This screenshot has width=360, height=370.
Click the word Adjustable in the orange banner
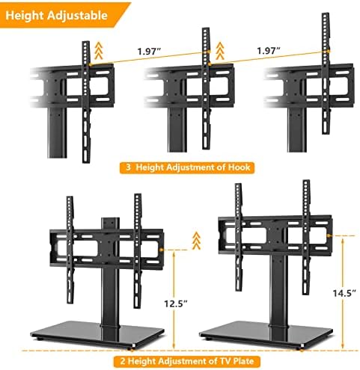point(77,16)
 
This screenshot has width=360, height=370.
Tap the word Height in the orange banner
point(25,16)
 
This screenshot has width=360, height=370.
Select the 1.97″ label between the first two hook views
point(149,52)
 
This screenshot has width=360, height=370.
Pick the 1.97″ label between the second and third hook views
point(269,51)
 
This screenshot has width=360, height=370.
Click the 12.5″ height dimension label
point(176,303)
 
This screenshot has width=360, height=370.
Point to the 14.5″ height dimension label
point(344,293)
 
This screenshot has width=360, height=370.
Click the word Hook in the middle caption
point(239,167)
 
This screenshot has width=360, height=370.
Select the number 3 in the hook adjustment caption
point(128,167)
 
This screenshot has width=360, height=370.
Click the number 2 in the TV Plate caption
point(123,361)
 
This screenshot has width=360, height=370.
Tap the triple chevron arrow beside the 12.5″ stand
point(197,241)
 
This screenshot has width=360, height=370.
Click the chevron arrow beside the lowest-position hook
point(99,51)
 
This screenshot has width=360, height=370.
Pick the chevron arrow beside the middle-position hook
point(220,51)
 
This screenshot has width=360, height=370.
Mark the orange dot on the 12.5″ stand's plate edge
point(162,250)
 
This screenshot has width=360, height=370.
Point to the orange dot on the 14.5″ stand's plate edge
point(330,235)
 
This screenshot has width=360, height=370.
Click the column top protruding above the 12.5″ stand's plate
point(110,223)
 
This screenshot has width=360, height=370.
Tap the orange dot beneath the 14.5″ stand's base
point(302,351)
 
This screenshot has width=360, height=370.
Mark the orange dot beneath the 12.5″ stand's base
point(132,350)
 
